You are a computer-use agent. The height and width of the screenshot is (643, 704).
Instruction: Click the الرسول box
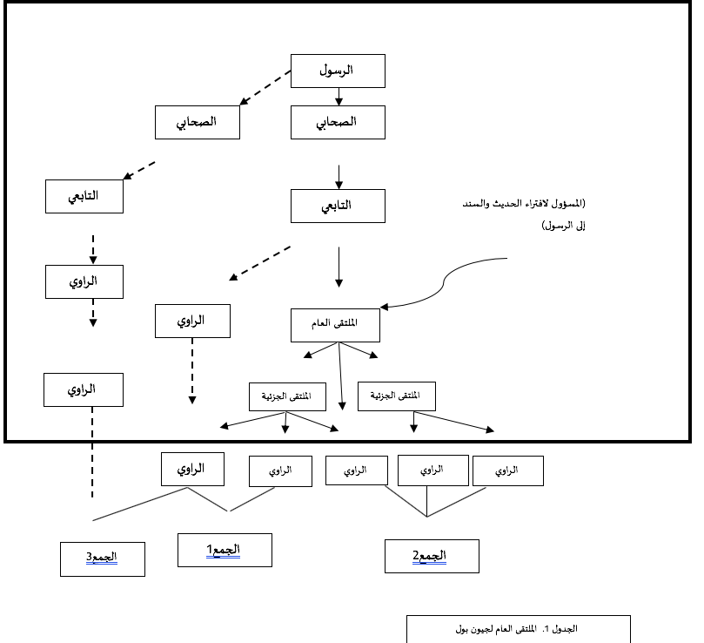pyautogui.click(x=338, y=71)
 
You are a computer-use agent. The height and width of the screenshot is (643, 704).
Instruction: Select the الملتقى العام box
pyautogui.click(x=335, y=324)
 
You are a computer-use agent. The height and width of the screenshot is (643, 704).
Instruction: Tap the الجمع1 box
pyautogui.click(x=225, y=550)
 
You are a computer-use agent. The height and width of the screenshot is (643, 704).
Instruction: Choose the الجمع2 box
pyautogui.click(x=432, y=556)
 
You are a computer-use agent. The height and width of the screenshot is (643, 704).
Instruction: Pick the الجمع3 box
pyautogui.click(x=103, y=558)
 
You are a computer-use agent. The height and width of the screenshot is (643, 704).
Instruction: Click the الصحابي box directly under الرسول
pyautogui.click(x=338, y=122)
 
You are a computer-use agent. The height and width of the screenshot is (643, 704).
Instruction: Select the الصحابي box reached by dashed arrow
pyautogui.click(x=197, y=122)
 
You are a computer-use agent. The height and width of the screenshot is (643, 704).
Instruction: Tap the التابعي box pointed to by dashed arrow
pyautogui.click(x=84, y=196)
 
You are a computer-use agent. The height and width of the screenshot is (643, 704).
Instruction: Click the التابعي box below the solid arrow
pyautogui.click(x=339, y=206)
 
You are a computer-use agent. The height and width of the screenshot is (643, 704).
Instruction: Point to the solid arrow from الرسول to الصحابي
pyautogui.click(x=339, y=97)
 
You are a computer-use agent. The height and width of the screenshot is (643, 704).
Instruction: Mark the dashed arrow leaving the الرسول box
pyautogui.click(x=265, y=88)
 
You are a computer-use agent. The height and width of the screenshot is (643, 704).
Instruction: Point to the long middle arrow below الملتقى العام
pyautogui.click(x=341, y=375)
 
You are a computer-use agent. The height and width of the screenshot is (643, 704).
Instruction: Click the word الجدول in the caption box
pyautogui.click(x=566, y=628)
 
